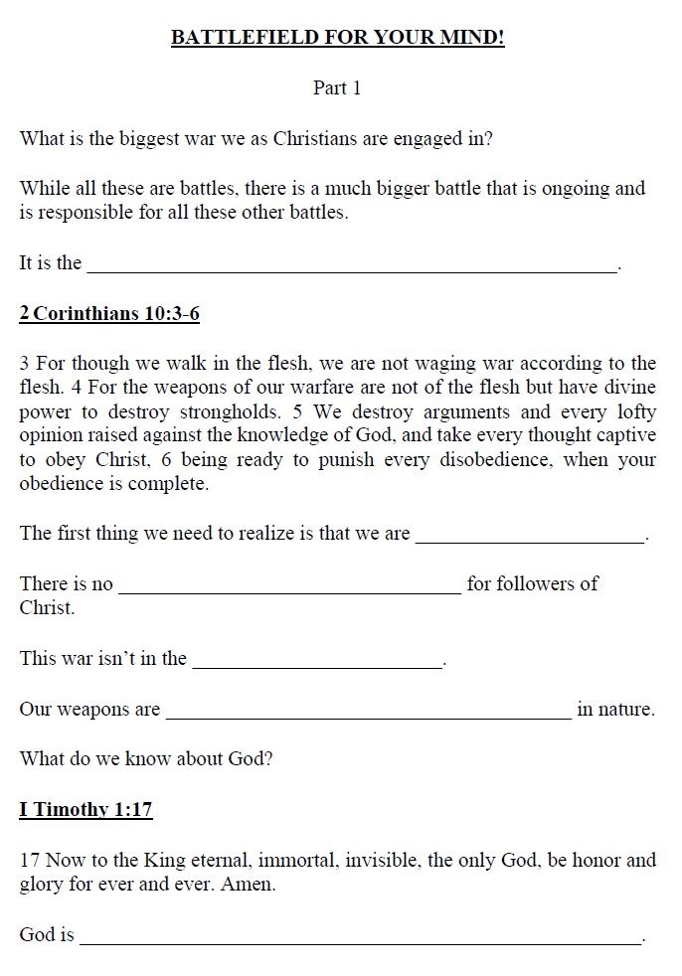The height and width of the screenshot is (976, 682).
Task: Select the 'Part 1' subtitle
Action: pyautogui.click(x=337, y=88)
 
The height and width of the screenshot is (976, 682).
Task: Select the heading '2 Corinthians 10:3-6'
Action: pyautogui.click(x=109, y=315)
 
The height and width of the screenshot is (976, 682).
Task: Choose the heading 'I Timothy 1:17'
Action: pyautogui.click(x=85, y=809)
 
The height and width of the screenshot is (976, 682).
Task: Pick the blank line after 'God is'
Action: pyautogui.click(x=361, y=938)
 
